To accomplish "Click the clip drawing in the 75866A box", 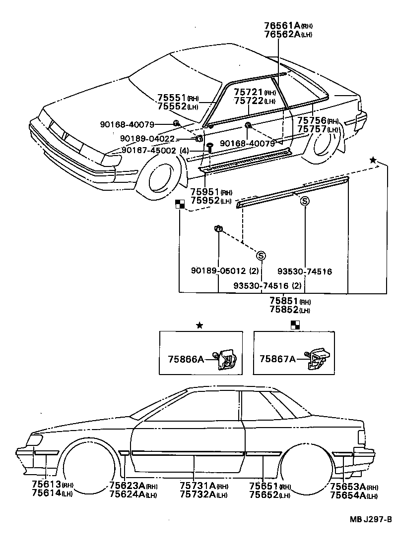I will (226, 359).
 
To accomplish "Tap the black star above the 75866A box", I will (199, 325).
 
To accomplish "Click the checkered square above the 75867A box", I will (295, 325).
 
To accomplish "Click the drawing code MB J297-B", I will (371, 519).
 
